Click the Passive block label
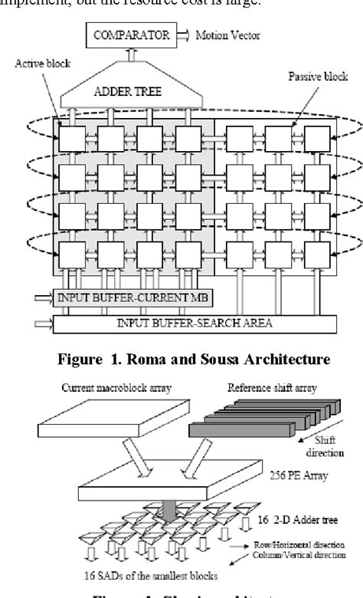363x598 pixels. coord(313,77)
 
